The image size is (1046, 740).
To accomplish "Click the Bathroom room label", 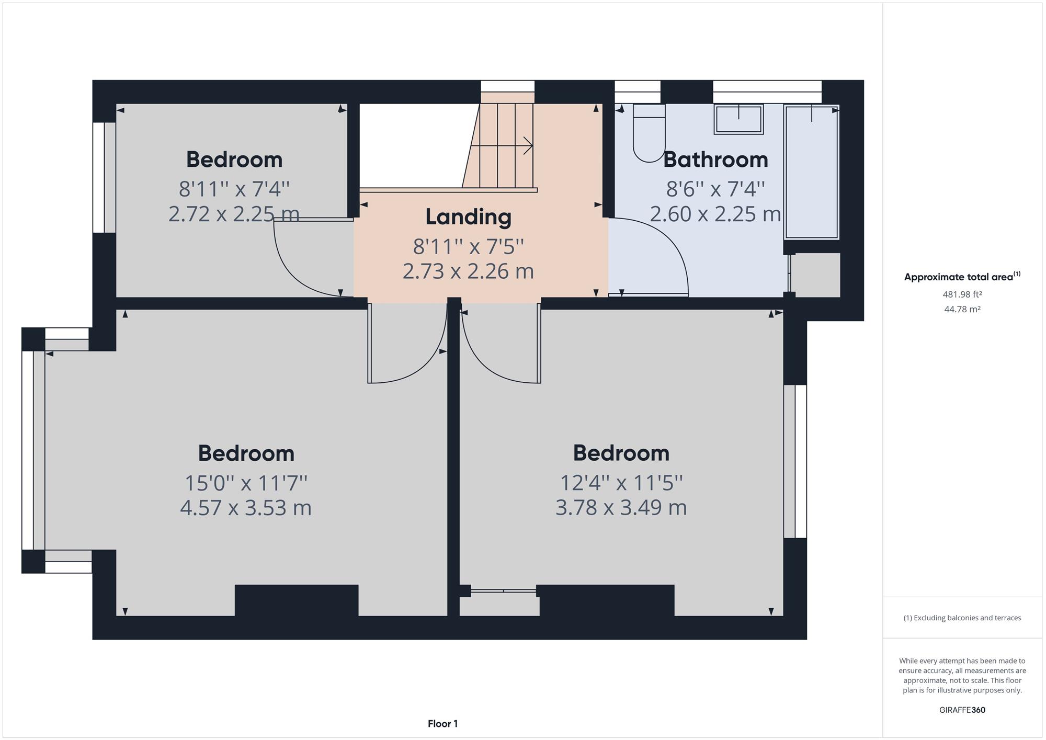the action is [x=715, y=160].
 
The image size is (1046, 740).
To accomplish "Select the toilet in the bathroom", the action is [x=649, y=133].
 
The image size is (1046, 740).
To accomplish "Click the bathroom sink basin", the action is [x=738, y=119].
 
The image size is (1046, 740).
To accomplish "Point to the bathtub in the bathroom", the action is [x=811, y=172].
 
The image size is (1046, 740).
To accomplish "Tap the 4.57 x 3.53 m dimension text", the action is [x=246, y=508].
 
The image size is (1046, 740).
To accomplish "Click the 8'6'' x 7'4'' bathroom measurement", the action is [x=715, y=188].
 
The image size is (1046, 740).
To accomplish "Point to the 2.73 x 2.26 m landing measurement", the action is [x=468, y=271].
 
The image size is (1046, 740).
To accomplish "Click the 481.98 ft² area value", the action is [x=962, y=294].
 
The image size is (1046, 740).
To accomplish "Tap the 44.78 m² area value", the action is [x=962, y=309].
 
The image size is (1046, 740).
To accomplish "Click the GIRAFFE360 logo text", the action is [x=962, y=710].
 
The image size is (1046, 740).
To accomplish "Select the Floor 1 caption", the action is [x=442, y=724].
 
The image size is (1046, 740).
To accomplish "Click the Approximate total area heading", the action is [x=962, y=276].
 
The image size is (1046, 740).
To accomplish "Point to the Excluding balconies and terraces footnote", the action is [x=962, y=618].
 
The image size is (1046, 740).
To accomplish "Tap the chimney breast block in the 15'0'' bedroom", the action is [x=297, y=600].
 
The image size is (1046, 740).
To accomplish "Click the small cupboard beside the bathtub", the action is [x=815, y=275].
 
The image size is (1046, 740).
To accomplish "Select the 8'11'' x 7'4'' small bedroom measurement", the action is [x=234, y=188].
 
